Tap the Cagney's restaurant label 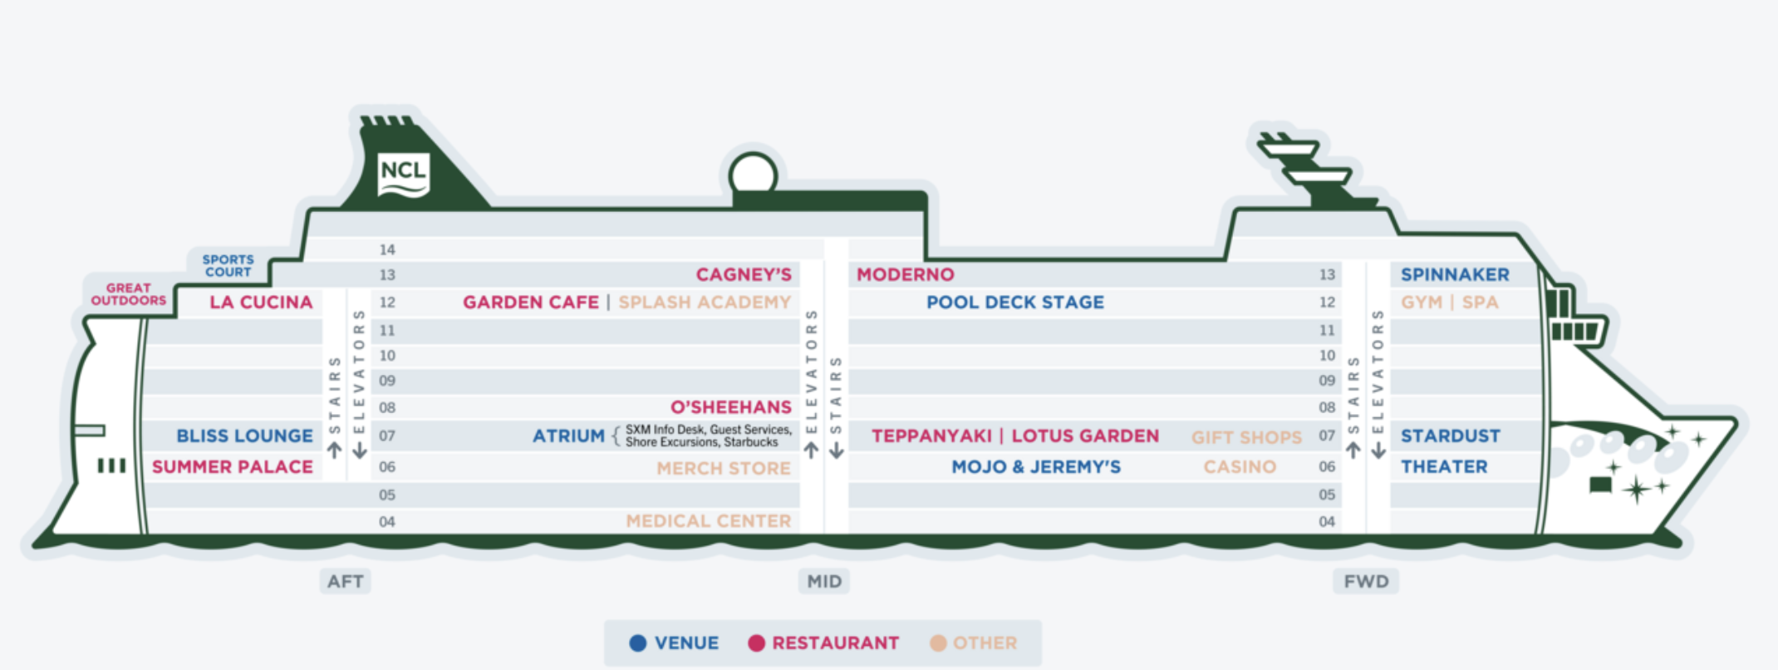point(744,274)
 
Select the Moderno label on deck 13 point(906,274)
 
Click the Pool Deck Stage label point(1015,303)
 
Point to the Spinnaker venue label point(1455,274)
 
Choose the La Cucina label point(261,303)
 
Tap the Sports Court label point(228,266)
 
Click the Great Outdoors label point(129,294)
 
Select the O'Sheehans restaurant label point(731,407)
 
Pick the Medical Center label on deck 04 point(708,521)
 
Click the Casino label point(1240,467)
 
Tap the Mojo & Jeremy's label point(1036,467)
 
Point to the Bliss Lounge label point(244,436)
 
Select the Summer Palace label point(233,467)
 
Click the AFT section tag point(346,581)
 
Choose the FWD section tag point(1366,581)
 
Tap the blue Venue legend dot point(638,643)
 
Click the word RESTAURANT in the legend point(835,643)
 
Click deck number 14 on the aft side point(387,249)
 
